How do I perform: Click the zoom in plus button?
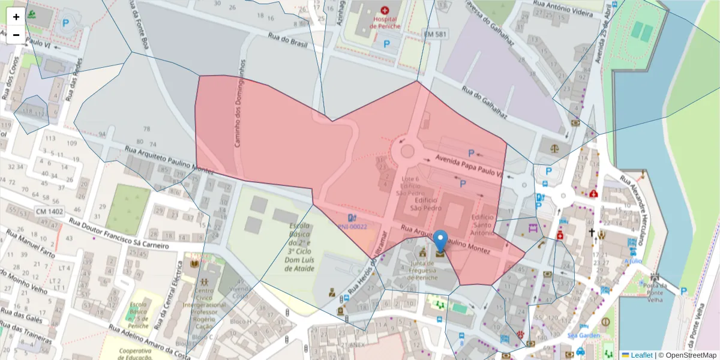pyautogui.click(x=16, y=17)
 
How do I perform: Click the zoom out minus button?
pyautogui.click(x=16, y=35)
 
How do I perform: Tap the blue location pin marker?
pyautogui.click(x=440, y=241)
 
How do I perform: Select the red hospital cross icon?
pyautogui.click(x=385, y=10)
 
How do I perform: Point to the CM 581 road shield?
pyautogui.click(x=434, y=35)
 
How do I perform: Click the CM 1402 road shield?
pyautogui.click(x=49, y=211)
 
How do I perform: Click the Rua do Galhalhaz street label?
pyautogui.click(x=485, y=103)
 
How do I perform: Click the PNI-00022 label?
pyautogui.click(x=352, y=227)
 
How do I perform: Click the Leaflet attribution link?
pyautogui.click(x=641, y=355)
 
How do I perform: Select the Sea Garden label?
pyautogui.click(x=584, y=335)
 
